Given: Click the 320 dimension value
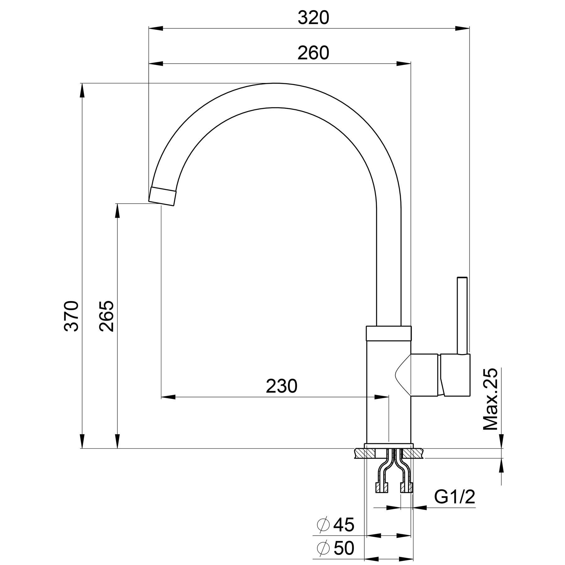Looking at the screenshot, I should click(x=313, y=18).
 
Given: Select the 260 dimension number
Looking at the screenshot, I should click(x=313, y=53).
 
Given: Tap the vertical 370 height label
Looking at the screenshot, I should click(x=71, y=316).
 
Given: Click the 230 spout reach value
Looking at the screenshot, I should click(x=281, y=386).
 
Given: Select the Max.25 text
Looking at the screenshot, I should click(x=491, y=399).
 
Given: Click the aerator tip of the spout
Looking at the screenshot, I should click(x=162, y=196).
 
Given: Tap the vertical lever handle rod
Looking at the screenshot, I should click(x=462, y=315).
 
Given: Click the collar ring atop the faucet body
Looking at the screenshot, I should click(x=388, y=333).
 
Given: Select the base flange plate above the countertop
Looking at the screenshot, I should click(x=388, y=446).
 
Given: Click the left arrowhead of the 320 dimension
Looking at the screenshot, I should click(x=156, y=29).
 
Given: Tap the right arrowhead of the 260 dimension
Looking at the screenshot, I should click(x=403, y=64).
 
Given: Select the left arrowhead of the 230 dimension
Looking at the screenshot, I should click(x=168, y=397).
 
